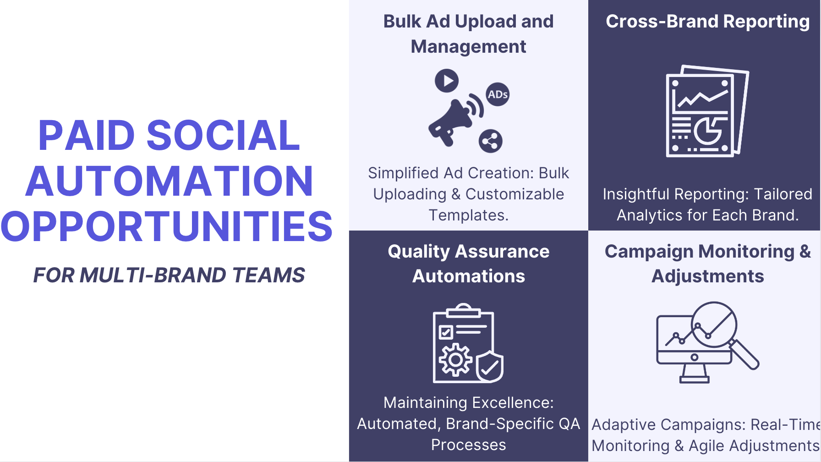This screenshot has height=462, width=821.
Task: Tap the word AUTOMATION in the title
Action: click(170, 181)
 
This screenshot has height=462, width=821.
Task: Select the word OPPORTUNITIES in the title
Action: click(167, 226)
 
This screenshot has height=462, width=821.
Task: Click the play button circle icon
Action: click(447, 81)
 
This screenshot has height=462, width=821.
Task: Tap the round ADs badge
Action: click(498, 94)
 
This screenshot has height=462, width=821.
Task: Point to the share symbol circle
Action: click(491, 141)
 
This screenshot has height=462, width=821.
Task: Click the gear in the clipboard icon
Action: click(455, 360)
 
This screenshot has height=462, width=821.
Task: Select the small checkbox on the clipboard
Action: click(446, 332)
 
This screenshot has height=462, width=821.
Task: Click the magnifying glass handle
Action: click(744, 354)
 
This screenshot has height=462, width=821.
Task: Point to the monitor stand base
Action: click(695, 379)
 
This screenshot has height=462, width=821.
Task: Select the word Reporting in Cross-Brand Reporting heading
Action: click(766, 22)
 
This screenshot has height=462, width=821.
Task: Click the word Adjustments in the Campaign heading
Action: click(708, 276)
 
